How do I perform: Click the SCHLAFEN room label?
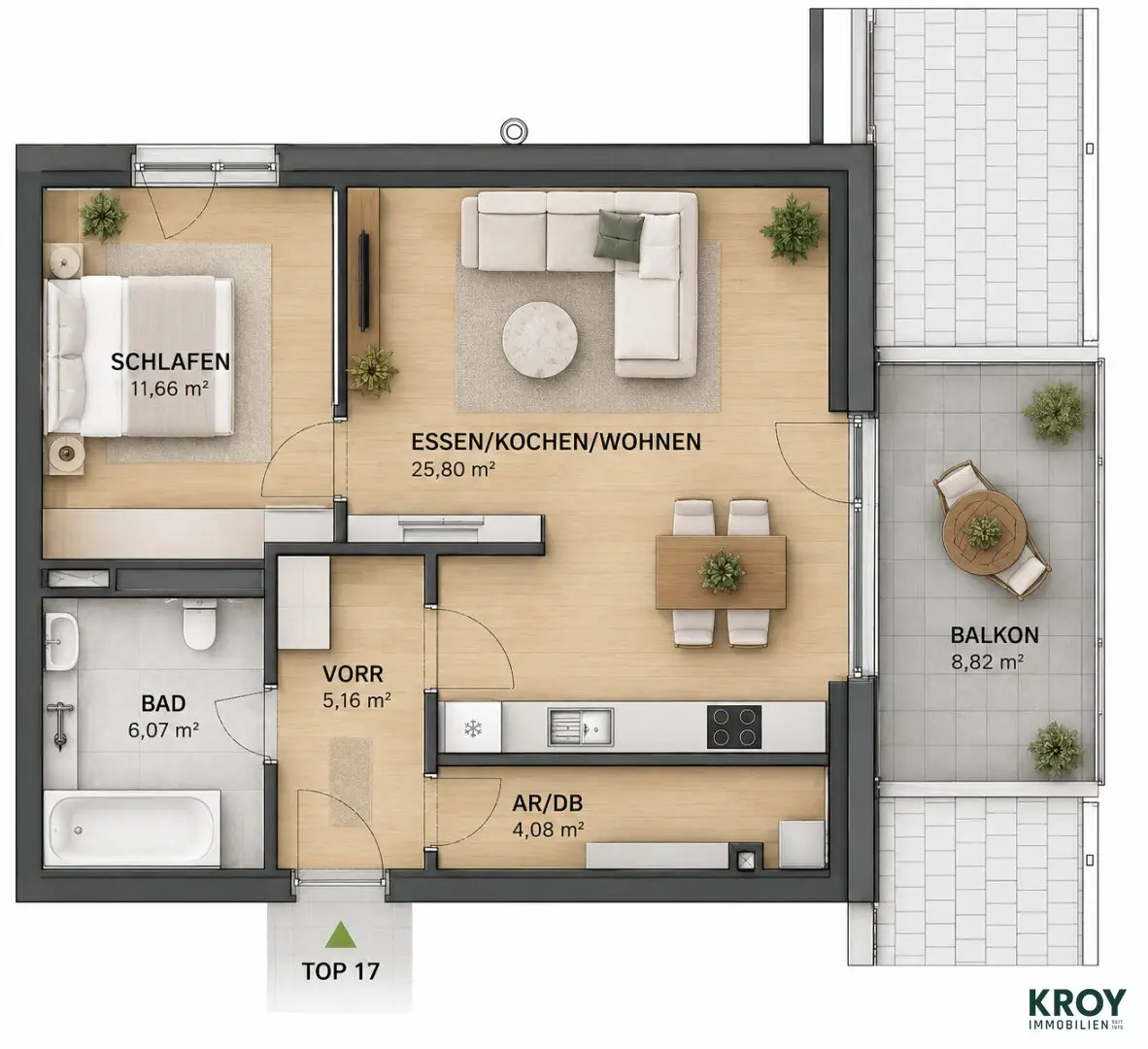coord(171,361)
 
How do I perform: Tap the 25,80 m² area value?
coord(454,469)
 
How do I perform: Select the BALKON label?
coord(995,634)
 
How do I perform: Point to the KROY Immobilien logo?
coord(1078,1010)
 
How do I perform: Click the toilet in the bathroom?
coord(199,624)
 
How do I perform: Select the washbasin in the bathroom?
coord(61,641)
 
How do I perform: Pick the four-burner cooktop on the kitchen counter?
coord(734,727)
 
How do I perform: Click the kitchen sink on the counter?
coord(581,728)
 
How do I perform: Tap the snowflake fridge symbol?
coord(474,728)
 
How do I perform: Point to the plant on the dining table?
coord(722,571)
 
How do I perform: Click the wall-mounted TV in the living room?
coord(364,281)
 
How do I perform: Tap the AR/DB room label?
coord(548,804)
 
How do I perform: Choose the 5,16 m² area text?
coord(356,700)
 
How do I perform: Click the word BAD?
coord(163,704)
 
